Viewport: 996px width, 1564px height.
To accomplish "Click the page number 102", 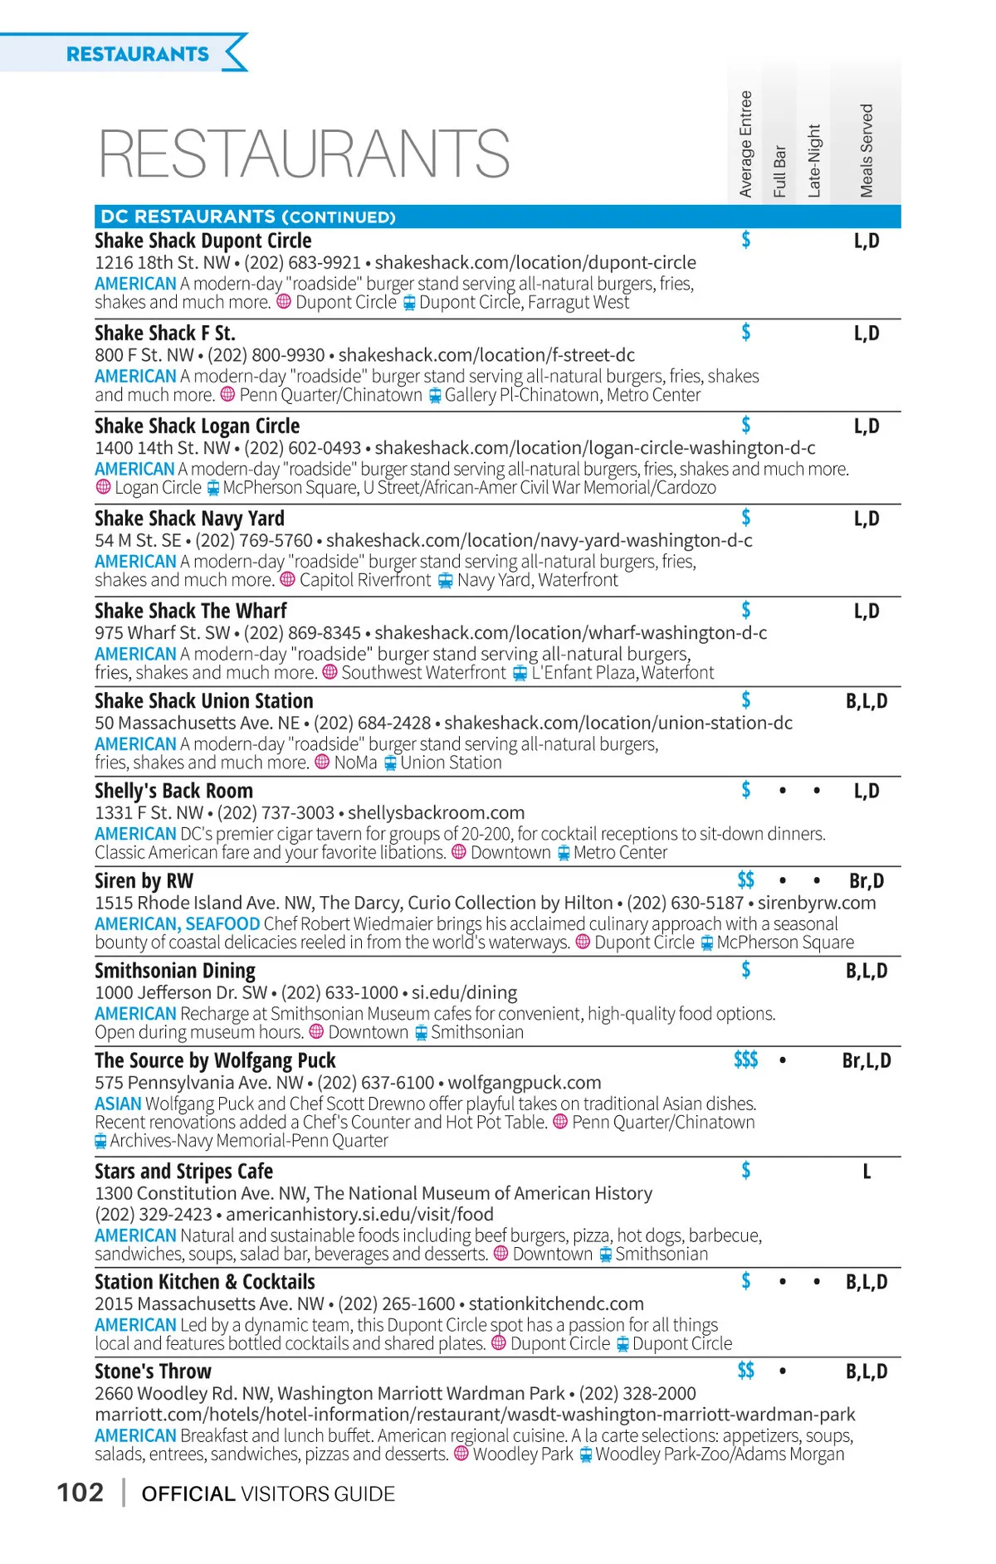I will [81, 1493].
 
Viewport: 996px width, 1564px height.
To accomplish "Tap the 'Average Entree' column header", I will [745, 144].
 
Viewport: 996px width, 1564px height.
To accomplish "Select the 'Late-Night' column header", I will [814, 161].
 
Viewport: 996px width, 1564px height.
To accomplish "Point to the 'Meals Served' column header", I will [867, 151].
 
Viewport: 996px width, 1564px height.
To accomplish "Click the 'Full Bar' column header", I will [779, 172].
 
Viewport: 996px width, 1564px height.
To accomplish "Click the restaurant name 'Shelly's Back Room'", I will [173, 791].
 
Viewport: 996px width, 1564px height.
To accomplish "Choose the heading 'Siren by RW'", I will [144, 880].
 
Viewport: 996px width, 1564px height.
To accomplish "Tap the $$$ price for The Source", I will [745, 1060].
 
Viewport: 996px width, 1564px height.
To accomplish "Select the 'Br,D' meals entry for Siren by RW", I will [867, 880].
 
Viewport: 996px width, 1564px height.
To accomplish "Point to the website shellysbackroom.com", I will [436, 813].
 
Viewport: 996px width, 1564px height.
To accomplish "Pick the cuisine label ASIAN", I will [118, 1104].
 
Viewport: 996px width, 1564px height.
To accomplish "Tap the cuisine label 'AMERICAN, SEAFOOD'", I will [177, 923].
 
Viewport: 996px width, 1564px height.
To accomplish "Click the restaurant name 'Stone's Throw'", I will [153, 1371].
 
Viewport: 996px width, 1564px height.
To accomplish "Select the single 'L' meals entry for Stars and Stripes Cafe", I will [867, 1172].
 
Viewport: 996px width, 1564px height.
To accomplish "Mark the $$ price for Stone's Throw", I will [745, 1370].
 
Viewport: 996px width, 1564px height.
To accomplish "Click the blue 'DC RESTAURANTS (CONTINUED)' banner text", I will [247, 217].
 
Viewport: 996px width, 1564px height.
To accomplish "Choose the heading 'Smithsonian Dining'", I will [175, 970].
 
